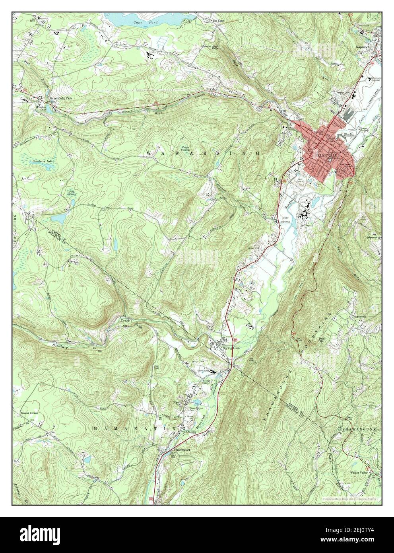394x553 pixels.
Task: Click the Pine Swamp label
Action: click(x=72, y=193)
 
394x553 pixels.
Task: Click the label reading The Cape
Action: click(x=219, y=21)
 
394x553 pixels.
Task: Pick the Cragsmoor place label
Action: click(x=361, y=317)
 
